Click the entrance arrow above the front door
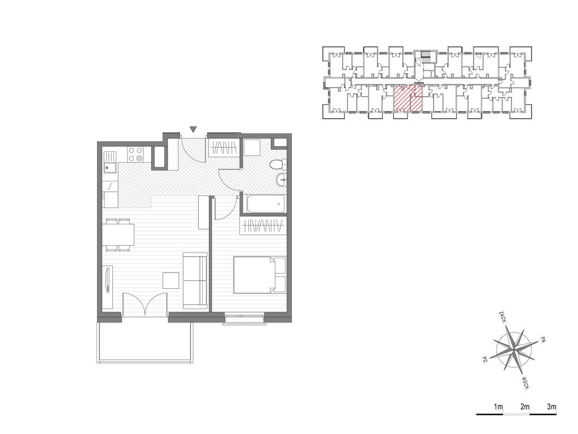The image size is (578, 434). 193,129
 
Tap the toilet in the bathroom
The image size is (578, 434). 278,164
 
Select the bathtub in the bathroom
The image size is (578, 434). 266,203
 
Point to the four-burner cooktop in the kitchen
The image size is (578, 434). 135,154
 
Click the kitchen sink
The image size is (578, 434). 110,167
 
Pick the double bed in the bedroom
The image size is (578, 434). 260,275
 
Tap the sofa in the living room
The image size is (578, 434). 195,280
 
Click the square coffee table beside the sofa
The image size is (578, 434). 171,280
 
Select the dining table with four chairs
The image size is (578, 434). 119,235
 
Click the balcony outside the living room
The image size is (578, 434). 145,341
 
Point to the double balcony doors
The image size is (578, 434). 145,303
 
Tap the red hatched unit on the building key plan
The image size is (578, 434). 408,98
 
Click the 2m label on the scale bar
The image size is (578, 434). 525,407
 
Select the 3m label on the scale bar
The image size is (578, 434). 551,407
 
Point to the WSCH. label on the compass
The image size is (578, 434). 526,384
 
